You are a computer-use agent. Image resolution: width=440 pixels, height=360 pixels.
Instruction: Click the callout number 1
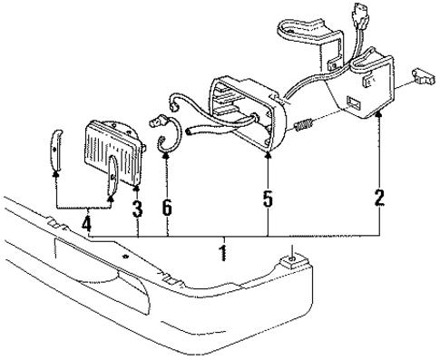coord(222,248)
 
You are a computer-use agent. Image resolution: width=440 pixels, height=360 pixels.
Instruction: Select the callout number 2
coord(380,196)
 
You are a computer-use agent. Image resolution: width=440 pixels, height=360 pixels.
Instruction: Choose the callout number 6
coord(168,209)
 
